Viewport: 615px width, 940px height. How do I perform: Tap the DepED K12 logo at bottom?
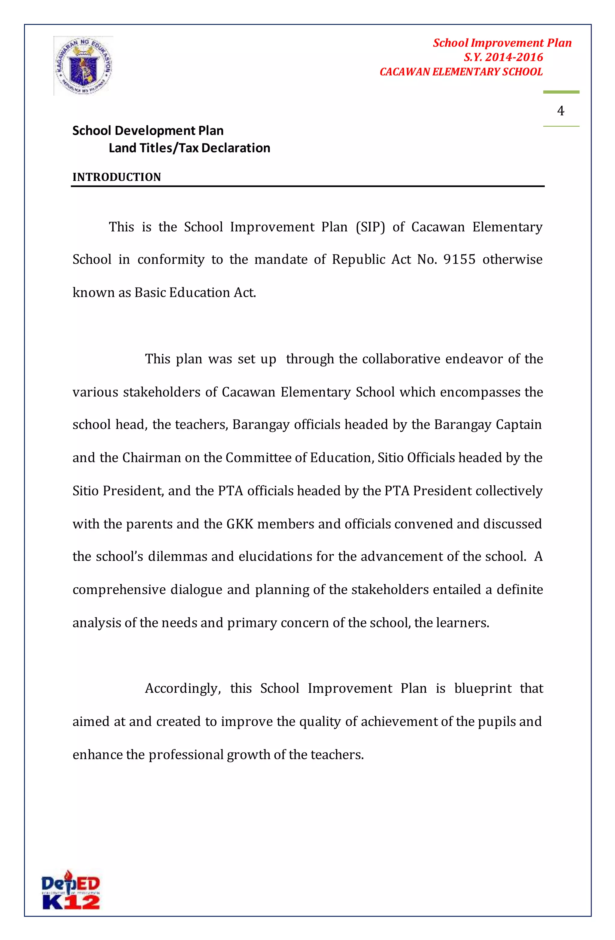pos(71,890)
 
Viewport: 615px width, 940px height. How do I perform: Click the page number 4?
pos(560,110)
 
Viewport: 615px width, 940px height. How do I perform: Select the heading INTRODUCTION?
pos(117,177)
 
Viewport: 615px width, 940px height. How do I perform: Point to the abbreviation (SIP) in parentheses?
pos(370,227)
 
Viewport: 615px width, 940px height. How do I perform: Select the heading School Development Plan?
pos(148,130)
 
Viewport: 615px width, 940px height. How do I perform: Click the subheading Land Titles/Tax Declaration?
pos(189,148)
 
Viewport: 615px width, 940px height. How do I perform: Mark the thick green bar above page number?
pos(561,92)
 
